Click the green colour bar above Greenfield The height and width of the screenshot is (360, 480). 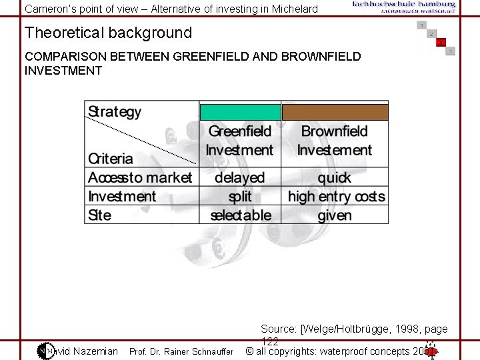pyautogui.click(x=240, y=111)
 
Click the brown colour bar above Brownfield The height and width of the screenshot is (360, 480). pyautogui.click(x=335, y=111)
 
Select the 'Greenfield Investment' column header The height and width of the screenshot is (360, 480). pyautogui.click(x=240, y=141)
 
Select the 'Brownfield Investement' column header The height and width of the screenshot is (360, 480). pyautogui.click(x=335, y=141)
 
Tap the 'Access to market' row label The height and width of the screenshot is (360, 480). pyautogui.click(x=140, y=177)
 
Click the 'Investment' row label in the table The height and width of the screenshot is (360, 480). pyautogui.click(x=122, y=196)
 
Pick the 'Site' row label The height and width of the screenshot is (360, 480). pyautogui.click(x=100, y=215)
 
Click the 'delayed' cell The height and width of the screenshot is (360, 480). pyautogui.click(x=240, y=177)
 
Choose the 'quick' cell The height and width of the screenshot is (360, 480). pyautogui.click(x=335, y=177)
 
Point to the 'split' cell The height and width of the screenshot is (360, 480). pyautogui.click(x=240, y=196)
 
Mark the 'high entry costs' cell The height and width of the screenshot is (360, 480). pyautogui.click(x=336, y=196)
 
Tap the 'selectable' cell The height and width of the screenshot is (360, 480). pyautogui.click(x=241, y=215)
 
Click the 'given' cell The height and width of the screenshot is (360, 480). pyautogui.click(x=335, y=215)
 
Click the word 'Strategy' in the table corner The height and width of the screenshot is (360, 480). pyautogui.click(x=115, y=112)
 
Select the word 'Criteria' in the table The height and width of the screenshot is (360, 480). pyautogui.click(x=111, y=159)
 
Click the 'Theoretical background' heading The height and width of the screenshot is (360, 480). pyautogui.click(x=108, y=33)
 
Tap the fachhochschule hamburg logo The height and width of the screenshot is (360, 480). pyautogui.click(x=404, y=7)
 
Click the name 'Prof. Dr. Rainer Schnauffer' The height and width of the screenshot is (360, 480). pyautogui.click(x=181, y=351)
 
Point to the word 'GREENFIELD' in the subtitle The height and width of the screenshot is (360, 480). pyautogui.click(x=211, y=57)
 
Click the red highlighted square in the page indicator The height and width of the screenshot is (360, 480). pyautogui.click(x=441, y=43)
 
